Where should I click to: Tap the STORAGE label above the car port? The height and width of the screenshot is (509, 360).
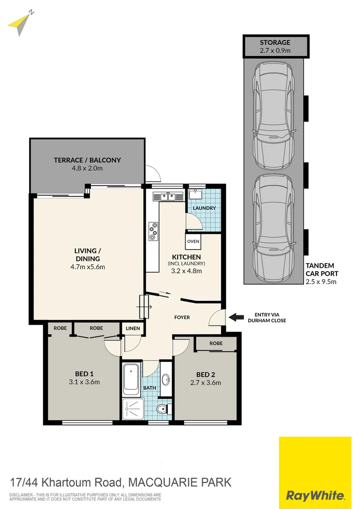(x=275, y=42)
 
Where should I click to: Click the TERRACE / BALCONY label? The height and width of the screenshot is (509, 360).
(x=87, y=160)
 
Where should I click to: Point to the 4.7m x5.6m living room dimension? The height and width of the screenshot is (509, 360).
(x=88, y=267)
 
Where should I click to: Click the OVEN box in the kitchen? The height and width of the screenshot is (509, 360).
(x=193, y=241)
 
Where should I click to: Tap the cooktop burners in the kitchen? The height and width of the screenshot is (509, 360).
(x=153, y=231)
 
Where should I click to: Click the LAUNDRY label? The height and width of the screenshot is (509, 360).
(x=204, y=208)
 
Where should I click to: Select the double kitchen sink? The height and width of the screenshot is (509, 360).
(x=167, y=197)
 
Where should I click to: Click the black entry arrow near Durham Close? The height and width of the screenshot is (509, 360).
(x=236, y=317)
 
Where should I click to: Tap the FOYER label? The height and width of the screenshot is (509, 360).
(x=182, y=317)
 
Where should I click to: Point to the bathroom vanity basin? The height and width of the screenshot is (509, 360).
(x=166, y=379)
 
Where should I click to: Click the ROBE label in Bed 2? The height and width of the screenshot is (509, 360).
(x=216, y=344)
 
